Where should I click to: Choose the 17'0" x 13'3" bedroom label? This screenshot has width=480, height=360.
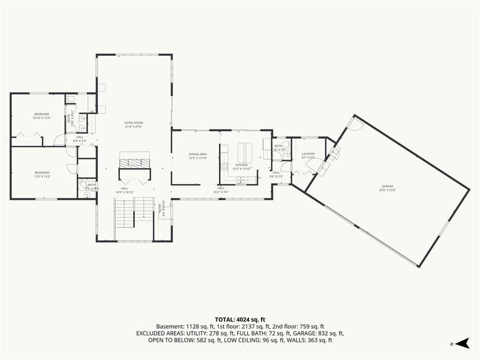(41, 175)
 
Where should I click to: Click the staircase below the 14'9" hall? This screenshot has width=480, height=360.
(125, 214)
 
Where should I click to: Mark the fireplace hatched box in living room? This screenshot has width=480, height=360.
(134, 160)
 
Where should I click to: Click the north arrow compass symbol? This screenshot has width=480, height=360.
(460, 343)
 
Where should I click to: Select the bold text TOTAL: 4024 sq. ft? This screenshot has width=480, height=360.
(240, 319)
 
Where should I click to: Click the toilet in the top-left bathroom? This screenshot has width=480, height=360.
(70, 100)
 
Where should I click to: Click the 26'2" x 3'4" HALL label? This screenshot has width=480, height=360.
(221, 190)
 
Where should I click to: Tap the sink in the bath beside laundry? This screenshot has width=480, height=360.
(287, 154)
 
